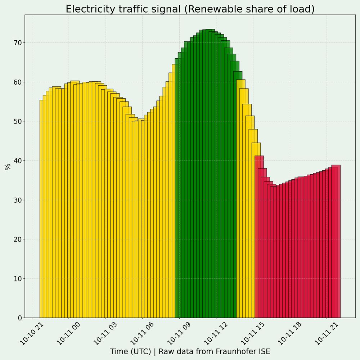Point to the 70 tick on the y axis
point(17,43)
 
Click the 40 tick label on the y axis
point(17,161)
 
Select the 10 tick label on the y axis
point(17,279)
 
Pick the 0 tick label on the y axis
point(19,318)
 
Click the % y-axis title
point(8,166)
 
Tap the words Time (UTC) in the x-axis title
point(130,351)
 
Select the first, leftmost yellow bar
point(41,209)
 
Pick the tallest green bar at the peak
point(210,173)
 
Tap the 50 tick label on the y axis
point(17,121)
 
